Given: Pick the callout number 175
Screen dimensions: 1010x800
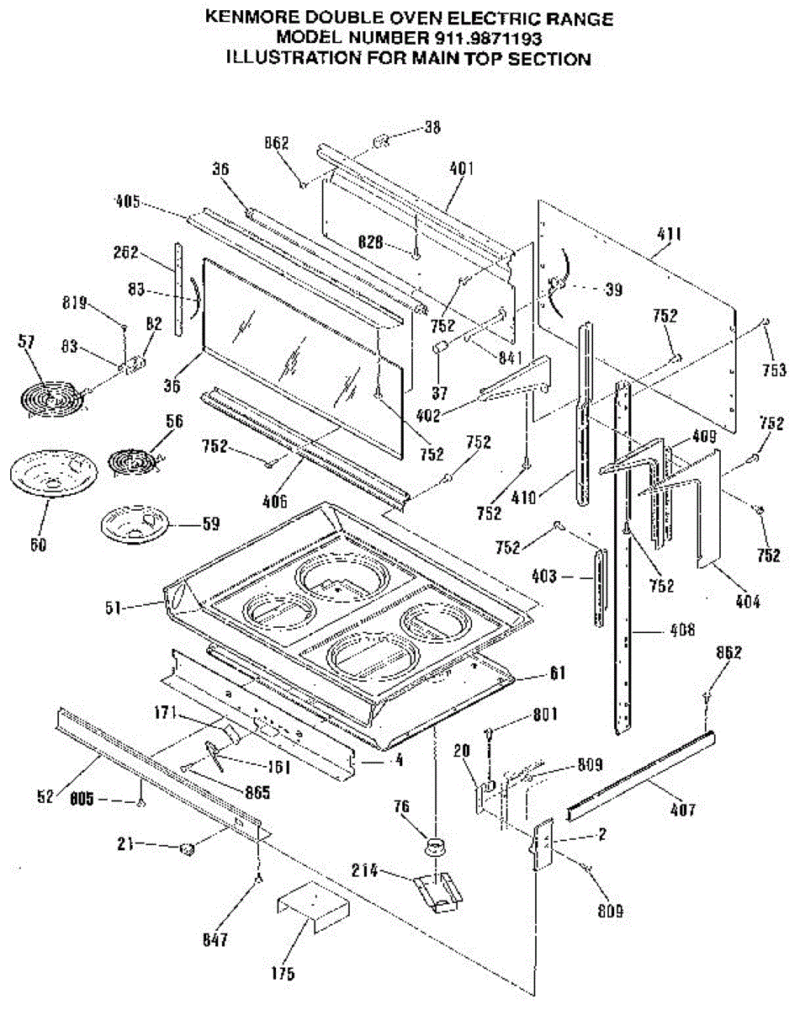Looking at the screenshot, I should tap(283, 974).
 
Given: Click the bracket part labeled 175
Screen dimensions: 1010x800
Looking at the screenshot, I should tap(311, 908).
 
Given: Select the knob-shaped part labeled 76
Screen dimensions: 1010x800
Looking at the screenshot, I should tap(435, 845).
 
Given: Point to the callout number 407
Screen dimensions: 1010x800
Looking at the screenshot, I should tap(683, 811).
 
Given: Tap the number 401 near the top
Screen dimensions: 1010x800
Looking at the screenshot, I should tap(461, 168).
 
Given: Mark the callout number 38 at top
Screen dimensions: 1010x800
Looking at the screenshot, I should tap(432, 128).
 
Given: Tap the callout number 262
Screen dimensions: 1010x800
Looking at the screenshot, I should tap(127, 252).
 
